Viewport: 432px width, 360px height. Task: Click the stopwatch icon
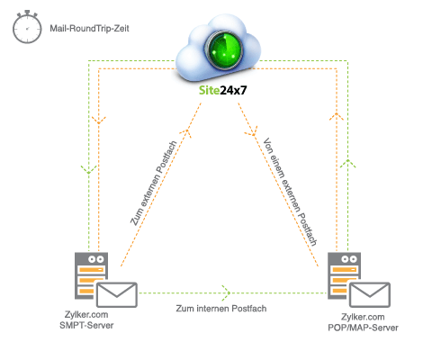point(25,29)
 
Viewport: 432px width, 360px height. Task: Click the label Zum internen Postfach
point(220,308)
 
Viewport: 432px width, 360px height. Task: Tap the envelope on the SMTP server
point(116,294)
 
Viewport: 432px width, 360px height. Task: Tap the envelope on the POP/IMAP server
point(369,294)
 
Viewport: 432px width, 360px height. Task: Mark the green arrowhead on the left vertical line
point(86,168)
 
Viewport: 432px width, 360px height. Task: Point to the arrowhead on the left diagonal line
point(187,132)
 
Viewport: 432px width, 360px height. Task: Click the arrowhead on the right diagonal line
point(249,132)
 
